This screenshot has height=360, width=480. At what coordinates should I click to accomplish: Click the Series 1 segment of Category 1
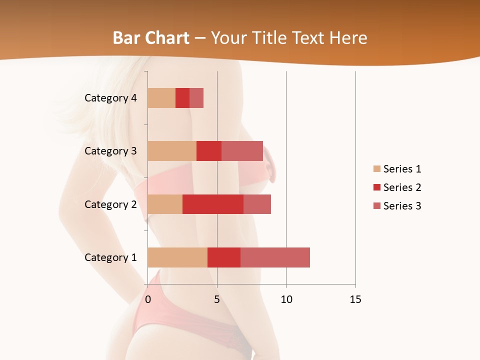177,257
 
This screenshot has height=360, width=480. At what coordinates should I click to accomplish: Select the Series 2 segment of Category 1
224,257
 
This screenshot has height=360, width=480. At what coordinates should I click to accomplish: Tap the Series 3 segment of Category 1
275,257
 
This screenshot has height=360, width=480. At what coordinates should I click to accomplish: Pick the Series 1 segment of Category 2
165,204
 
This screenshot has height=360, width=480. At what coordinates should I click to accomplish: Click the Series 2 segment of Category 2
213,204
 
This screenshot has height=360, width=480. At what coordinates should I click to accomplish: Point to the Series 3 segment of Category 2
257,204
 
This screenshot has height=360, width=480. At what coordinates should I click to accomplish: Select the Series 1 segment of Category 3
172,151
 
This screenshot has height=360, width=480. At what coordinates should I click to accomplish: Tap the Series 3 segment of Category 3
242,151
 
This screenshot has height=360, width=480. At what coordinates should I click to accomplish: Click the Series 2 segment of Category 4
182,98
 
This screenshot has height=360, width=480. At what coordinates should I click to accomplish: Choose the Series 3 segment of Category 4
196,98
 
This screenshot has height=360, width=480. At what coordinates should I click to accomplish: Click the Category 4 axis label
110,98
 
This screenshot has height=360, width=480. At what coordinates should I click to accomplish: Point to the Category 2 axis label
110,204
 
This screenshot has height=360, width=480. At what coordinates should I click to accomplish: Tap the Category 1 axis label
110,257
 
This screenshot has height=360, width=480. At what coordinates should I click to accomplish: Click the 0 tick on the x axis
148,299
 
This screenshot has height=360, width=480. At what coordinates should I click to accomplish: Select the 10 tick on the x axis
286,299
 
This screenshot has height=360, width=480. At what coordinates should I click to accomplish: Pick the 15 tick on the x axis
355,299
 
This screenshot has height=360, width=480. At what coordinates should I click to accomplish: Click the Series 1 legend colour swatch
377,169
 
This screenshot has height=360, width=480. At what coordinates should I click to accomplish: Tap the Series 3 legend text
402,206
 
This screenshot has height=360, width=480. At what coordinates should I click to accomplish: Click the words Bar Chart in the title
151,38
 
